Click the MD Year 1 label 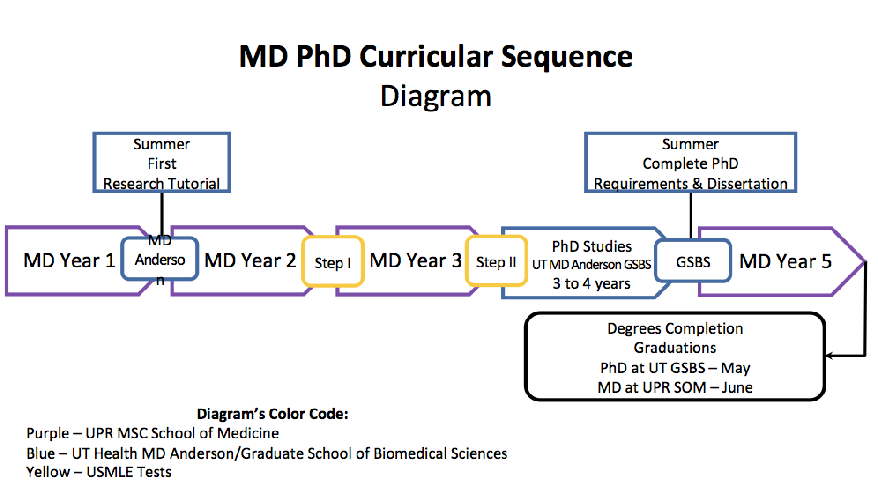69,260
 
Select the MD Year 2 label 250,260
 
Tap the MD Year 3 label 415,260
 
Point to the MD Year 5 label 785,261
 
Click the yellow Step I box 332,262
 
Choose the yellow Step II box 496,262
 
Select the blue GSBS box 693,262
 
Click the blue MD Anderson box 160,260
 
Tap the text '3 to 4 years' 592,283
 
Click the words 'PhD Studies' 592,246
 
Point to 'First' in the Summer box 162,163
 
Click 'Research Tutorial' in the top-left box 162,183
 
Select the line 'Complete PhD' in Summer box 690,163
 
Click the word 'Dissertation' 747,183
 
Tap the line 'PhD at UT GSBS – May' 675,368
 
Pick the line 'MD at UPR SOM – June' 675,387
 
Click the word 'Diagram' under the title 435,96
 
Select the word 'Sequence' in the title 567,56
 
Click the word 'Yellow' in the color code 48,472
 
